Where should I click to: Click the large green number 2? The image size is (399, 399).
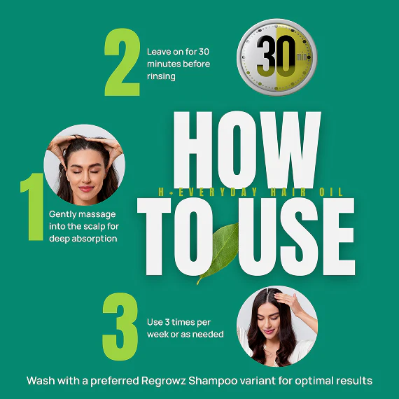coord(122,62)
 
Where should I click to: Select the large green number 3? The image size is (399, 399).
coord(120,326)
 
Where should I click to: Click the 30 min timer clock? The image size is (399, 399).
coord(277,57)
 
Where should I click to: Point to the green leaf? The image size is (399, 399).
coord(219,253)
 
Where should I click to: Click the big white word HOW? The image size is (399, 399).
coord(247,150)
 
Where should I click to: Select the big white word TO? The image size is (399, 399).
coord(176,237)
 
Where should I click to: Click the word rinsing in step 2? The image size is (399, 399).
coord(161,76)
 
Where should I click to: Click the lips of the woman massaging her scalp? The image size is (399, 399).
coord(86,189)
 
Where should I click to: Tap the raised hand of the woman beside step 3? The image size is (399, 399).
coord(289,300)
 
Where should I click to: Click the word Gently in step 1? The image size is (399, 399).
coord(63,214)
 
